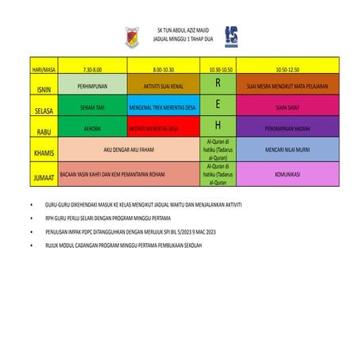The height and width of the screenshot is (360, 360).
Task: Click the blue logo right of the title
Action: tap(230, 33)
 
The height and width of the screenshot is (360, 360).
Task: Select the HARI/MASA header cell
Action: tap(42, 69)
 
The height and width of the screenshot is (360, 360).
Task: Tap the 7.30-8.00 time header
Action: tap(92, 69)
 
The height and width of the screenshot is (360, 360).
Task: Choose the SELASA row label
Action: tap(42, 107)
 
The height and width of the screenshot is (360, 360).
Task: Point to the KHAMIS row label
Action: tap(42, 150)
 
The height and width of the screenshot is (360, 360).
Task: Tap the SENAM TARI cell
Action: tap(92, 106)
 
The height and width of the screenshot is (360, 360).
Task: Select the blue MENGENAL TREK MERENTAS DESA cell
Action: tap(162, 106)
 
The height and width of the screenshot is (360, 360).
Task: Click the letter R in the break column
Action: tap(216, 83)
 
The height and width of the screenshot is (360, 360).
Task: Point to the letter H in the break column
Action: tap(216, 126)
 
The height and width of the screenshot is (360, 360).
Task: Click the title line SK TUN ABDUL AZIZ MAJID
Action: tap(181, 26)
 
